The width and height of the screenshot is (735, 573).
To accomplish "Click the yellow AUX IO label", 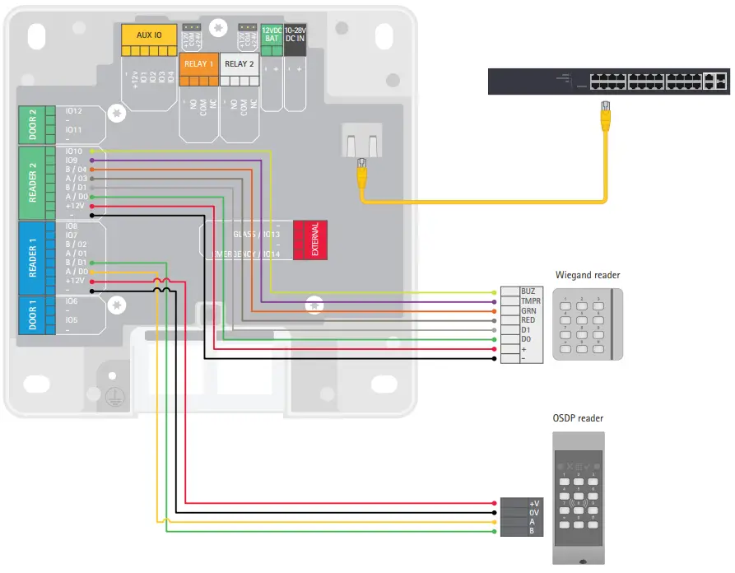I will point(149,35).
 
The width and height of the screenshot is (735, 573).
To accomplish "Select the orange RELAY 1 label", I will point(198,64).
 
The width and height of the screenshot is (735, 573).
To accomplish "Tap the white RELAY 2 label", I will point(240,64).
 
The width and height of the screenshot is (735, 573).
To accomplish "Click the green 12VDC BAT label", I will point(272,34).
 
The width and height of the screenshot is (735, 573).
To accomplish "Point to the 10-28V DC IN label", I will point(295,34).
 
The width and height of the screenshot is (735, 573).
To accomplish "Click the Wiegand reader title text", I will point(587,275).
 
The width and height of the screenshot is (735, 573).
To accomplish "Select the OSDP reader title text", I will point(579,419).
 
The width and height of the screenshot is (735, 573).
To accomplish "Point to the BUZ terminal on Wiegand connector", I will point(528,291).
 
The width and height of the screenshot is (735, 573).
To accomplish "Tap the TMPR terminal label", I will point(531,301).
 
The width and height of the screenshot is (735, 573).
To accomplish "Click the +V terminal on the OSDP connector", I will point(534,503).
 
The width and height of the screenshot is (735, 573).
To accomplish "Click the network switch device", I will point(607,81).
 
